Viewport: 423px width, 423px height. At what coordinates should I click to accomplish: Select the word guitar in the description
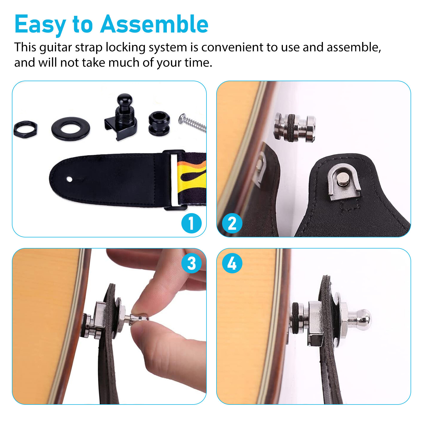click(56, 48)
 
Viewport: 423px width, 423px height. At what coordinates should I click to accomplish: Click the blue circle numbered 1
click(191, 223)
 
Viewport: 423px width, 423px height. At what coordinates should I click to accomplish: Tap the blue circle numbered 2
click(232, 223)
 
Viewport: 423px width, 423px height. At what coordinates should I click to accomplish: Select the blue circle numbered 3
click(191, 263)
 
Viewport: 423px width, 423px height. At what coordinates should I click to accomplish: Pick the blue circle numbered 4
click(232, 263)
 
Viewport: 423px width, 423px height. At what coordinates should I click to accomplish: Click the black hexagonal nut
click(25, 129)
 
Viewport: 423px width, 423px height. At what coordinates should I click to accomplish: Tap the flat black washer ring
click(71, 129)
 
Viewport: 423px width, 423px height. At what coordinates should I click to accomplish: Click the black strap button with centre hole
click(159, 123)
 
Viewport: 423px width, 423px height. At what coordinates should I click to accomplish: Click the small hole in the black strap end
click(70, 180)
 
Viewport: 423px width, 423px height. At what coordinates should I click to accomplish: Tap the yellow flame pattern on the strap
click(192, 176)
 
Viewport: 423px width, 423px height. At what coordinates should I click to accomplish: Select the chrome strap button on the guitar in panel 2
click(295, 127)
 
